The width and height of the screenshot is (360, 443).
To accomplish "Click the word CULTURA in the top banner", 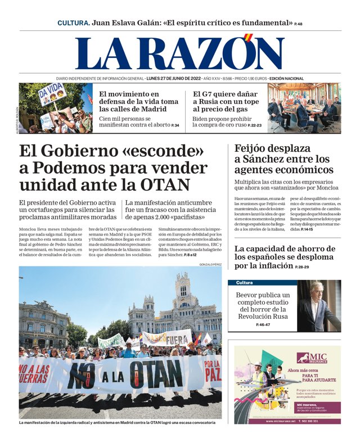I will pos(73,23).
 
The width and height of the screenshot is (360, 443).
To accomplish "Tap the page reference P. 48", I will pos(298,24).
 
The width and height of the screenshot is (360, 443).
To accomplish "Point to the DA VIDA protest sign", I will pos(52,94).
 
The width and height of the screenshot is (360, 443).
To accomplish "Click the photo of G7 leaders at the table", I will pos(304,109).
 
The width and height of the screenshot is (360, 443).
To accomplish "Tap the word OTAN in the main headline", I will pos(163,185).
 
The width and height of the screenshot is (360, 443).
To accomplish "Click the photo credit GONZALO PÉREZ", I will pos(210,264).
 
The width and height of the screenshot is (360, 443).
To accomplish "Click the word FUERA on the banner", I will pos(177,340).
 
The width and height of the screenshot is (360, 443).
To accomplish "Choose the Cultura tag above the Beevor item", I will pos(245,283).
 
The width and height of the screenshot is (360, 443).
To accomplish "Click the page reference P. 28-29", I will pos(302,266).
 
